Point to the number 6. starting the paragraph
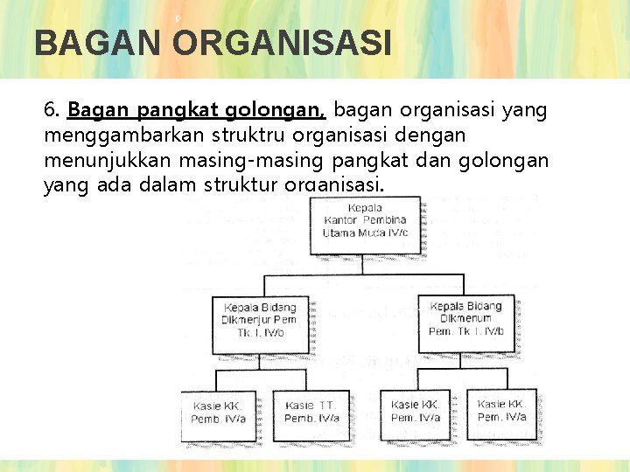point(52,111)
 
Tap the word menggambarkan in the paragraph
point(110,136)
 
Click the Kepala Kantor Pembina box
point(365,223)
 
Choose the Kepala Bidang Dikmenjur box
point(260,320)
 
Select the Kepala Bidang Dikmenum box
point(465,319)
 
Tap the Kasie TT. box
point(311,413)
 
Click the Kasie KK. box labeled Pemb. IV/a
point(216,413)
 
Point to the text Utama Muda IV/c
point(365,234)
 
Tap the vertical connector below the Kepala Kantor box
point(365,264)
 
